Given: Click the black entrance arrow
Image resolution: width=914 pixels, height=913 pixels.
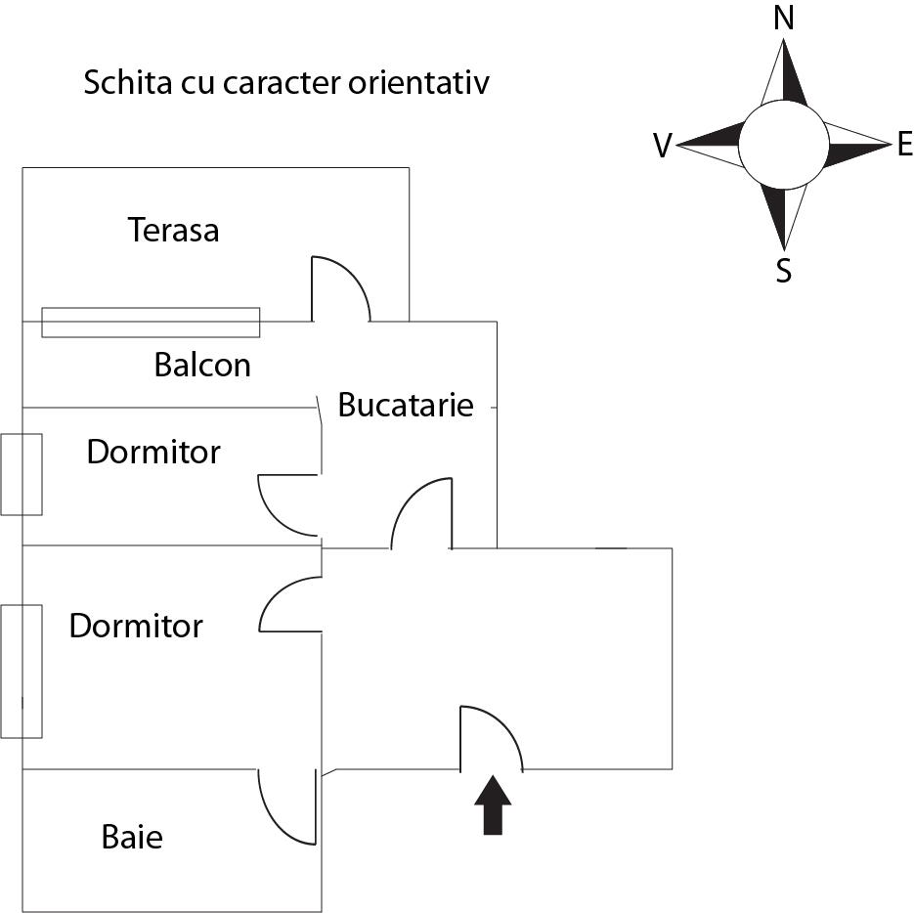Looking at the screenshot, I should pos(493,805).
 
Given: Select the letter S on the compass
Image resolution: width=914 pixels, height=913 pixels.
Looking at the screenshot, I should pos(783,271).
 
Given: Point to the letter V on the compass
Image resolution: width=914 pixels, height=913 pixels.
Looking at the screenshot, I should pos(663,147).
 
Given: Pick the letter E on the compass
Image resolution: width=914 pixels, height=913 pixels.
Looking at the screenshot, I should pos(904,146).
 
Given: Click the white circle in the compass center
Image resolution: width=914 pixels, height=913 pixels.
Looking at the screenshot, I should pos(783,146).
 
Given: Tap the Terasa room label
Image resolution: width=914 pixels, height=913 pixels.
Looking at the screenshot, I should pos(173,231).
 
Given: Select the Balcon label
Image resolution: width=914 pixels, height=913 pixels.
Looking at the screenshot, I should pos(202,366).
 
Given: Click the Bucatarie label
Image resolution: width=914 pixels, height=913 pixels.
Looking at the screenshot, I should pos(405,405).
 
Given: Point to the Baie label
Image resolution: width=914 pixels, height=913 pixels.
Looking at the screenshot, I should pos(132,838).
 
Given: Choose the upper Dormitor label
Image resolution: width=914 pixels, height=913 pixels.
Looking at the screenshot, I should pos(153,453).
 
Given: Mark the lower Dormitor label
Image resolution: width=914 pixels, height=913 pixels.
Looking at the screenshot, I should pos(136,626).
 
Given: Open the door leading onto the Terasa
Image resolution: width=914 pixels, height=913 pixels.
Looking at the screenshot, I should pos(339,289).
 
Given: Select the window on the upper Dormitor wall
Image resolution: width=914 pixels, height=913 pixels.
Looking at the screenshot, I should pos(21,474).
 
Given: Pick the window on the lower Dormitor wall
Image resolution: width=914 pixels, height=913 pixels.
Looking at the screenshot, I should pos(21,672).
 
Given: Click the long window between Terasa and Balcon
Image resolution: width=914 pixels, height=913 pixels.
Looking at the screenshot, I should pos(151,322).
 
